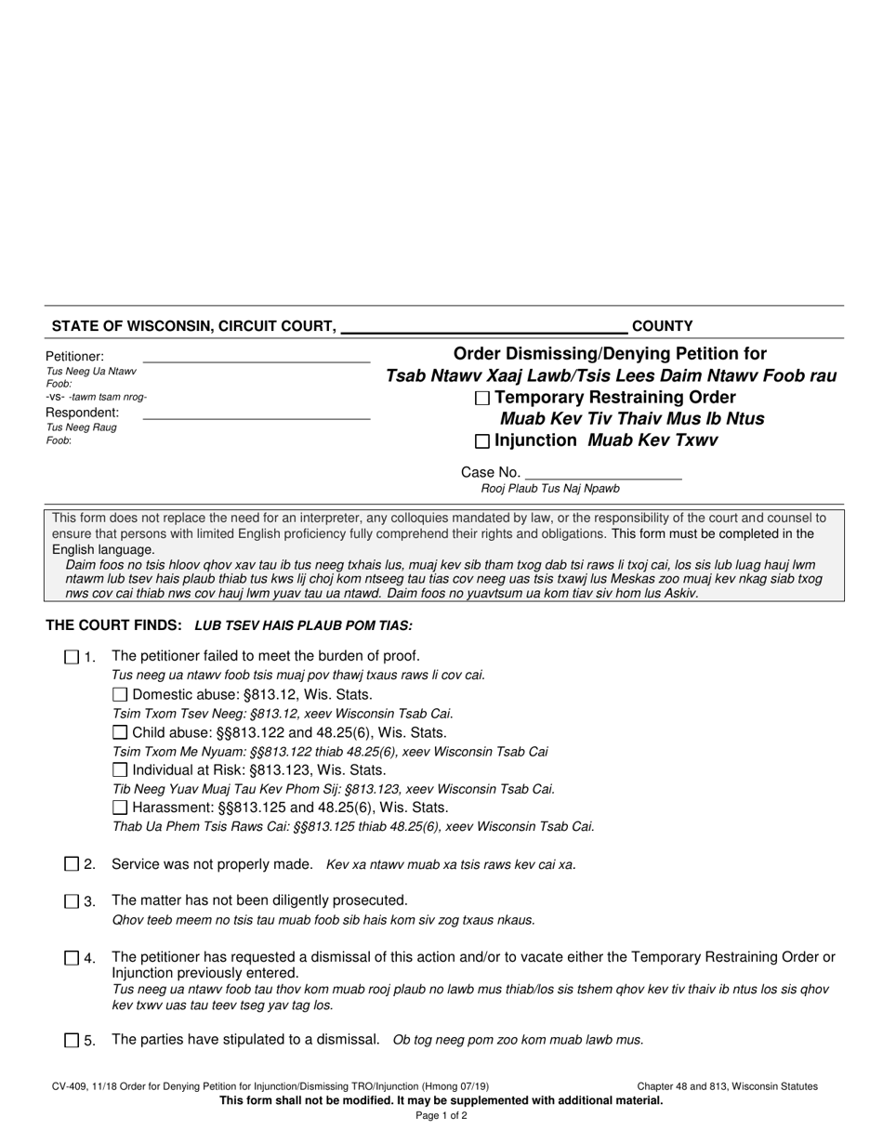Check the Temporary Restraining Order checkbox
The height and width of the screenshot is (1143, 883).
(x=481, y=399)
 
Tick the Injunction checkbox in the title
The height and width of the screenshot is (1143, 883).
(x=481, y=441)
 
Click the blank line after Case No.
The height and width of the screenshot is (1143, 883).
(x=603, y=472)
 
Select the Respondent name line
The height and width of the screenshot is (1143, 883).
(x=256, y=414)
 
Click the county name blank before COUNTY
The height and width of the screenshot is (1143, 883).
(x=484, y=326)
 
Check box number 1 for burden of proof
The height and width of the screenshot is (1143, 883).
(x=72, y=657)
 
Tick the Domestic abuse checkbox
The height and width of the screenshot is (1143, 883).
(x=119, y=694)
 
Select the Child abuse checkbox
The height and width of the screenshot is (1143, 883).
(x=119, y=732)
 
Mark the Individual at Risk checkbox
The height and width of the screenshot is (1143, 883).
(x=119, y=769)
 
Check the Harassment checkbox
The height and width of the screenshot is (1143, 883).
(x=119, y=808)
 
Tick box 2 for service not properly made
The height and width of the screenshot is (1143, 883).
(x=72, y=864)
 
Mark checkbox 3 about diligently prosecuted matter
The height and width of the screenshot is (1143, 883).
(x=72, y=901)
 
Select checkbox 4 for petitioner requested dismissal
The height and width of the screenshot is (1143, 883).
(x=72, y=958)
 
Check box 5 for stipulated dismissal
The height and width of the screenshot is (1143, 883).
(x=72, y=1041)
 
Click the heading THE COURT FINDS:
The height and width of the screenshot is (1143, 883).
(x=114, y=625)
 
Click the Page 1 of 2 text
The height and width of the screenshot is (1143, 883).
(x=441, y=1116)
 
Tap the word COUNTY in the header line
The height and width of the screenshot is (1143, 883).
(x=662, y=326)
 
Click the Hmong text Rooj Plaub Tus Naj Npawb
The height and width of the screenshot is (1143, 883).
(x=550, y=489)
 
